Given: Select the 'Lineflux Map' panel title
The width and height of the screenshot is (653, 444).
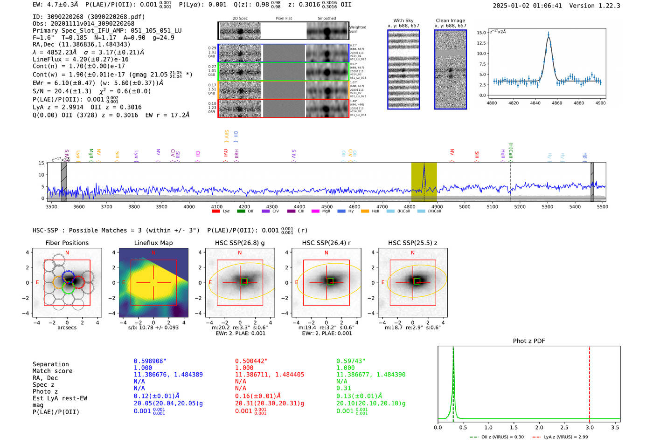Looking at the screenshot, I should coord(153,243).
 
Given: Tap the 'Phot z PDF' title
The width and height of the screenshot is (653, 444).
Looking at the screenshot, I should coord(529,341).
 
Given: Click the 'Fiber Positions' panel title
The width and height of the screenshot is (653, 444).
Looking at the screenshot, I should coord(67,243).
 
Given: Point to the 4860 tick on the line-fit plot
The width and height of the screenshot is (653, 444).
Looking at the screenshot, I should coord(557,102).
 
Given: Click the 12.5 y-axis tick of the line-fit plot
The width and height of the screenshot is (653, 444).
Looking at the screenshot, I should coord(480,43).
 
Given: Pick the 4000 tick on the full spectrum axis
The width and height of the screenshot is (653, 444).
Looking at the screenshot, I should coord(189,206).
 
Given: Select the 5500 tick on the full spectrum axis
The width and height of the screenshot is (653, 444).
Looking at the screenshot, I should coord(602,206).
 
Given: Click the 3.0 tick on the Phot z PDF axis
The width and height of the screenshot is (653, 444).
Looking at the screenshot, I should coord(590,427).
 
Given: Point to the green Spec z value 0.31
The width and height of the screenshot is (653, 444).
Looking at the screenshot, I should coord(343,388).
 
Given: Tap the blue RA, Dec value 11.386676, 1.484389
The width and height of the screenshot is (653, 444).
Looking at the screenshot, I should coord(168,375).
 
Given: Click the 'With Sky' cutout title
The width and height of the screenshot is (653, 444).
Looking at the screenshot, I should coord(403,20).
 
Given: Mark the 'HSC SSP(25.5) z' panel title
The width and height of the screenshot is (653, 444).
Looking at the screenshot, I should coord(412,243).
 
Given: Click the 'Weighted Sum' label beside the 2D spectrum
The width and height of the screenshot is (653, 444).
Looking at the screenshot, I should coord(358,29).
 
